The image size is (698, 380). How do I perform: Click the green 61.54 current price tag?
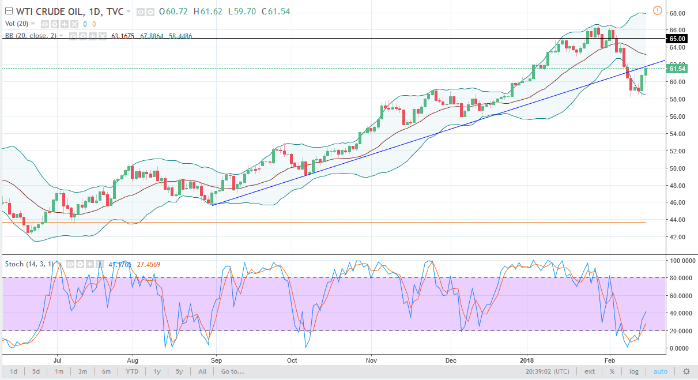click(x=677, y=69)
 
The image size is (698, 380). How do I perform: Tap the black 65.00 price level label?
click(x=677, y=39)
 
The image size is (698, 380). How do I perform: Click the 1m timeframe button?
click(x=59, y=371)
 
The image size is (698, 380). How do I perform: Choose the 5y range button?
click(x=179, y=371)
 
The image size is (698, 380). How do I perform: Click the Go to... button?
click(x=232, y=371)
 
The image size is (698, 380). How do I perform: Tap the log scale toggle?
click(x=634, y=371)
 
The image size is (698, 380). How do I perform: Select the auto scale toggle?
click(x=661, y=371)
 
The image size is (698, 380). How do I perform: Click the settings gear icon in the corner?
click(x=686, y=371)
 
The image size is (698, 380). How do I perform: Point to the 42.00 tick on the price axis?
click(x=677, y=237)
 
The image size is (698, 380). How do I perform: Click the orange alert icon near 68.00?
click(x=658, y=10)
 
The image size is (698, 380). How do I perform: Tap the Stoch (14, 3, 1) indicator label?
click(x=29, y=264)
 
